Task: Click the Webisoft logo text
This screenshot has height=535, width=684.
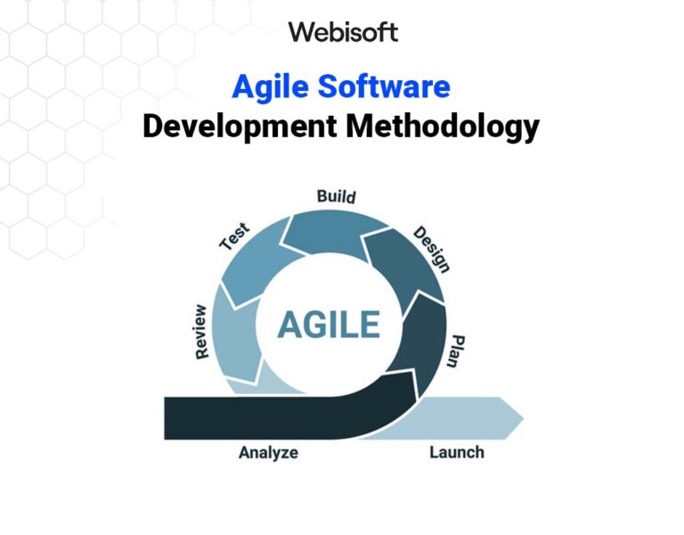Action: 342,33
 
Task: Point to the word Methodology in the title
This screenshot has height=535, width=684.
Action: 443,127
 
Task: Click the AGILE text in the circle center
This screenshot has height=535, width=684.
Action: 328,325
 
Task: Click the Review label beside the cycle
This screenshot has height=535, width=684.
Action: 200,331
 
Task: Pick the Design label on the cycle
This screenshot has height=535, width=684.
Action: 432,249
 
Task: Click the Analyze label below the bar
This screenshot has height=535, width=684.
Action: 268,453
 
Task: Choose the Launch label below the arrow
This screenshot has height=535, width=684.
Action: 456,452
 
